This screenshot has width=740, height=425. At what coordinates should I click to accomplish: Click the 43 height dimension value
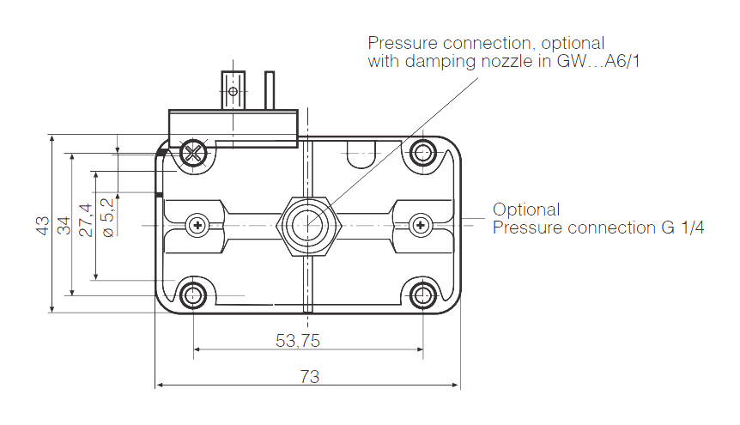coord(42,225)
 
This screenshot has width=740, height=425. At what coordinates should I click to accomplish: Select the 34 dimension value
coord(64,225)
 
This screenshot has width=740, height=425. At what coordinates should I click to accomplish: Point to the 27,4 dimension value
coord(85,219)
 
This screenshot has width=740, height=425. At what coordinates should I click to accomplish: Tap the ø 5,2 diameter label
coord(106,217)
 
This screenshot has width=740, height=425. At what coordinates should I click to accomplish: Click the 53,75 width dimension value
coord(298,340)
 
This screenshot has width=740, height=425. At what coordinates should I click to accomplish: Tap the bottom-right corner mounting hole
coord(422,296)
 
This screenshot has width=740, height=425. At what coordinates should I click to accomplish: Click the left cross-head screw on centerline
coord(197,226)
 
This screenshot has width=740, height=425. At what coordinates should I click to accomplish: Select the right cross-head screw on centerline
coord(421,226)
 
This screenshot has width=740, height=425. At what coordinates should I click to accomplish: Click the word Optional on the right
coord(526,209)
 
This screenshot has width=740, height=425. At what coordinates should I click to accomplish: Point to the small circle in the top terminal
coord(234,90)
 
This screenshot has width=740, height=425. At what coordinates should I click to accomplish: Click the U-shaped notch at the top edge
coord(361,155)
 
